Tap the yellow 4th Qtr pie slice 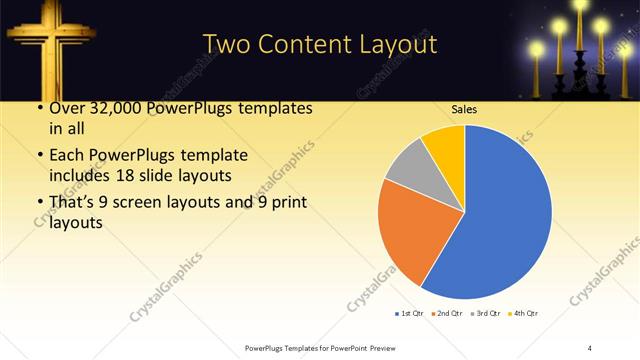pyautogui.click(x=444, y=146)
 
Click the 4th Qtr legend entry pyautogui.click(x=525, y=314)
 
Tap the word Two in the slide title pyautogui.click(x=230, y=44)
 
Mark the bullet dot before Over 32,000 pyautogui.click(x=39, y=108)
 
